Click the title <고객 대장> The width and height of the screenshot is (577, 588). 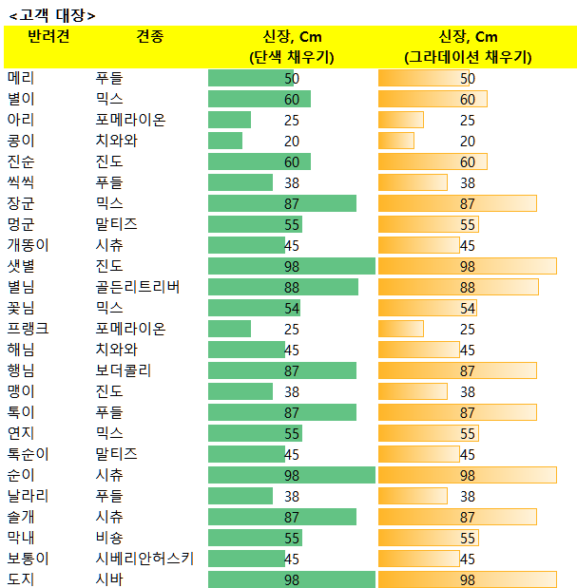[52, 15]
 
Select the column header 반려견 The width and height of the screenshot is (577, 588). [48, 36]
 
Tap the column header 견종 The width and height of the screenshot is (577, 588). [150, 36]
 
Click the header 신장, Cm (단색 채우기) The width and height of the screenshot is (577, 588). [292, 47]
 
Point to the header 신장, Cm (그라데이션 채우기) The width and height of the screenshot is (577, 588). [469, 47]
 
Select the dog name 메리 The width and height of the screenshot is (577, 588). [21, 78]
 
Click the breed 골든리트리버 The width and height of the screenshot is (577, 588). [138, 287]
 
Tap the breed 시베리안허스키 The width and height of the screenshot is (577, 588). [144, 559]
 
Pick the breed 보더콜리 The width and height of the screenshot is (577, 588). [124, 370]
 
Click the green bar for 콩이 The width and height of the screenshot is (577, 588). [225, 141]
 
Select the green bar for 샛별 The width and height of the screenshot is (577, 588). [292, 266]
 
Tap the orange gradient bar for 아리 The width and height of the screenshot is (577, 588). [401, 120]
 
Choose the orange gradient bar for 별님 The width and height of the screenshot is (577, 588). [458, 287]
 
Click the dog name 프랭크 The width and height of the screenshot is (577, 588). [29, 329]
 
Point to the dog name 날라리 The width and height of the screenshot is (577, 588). [29, 496]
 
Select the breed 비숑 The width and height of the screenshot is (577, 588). [109, 538]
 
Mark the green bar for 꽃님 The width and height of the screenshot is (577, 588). [254, 308]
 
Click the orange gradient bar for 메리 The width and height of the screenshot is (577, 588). [424, 78]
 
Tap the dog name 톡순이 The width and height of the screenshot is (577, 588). [29, 454]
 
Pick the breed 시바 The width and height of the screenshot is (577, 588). [109, 579]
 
